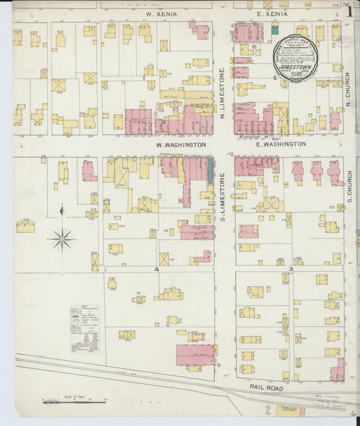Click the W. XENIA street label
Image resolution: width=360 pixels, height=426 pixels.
[160, 13]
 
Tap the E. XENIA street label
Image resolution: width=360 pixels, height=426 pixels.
[267, 14]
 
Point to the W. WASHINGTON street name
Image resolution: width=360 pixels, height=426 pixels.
[180, 144]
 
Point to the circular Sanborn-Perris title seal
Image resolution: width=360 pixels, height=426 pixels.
[294, 57]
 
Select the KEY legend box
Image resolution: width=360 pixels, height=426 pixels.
[84, 329]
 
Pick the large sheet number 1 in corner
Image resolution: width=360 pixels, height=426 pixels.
[349, 11]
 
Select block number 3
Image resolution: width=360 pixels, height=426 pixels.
[290, 269]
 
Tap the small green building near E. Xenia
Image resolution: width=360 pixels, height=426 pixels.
[275, 29]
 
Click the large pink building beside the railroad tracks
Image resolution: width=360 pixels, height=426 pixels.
[195, 354]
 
